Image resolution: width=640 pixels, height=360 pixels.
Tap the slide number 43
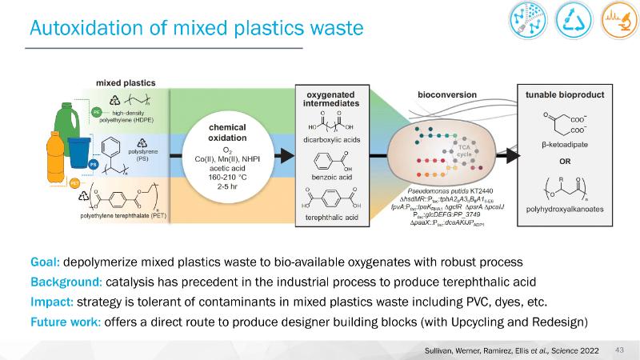pyautogui.click(x=618, y=350)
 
